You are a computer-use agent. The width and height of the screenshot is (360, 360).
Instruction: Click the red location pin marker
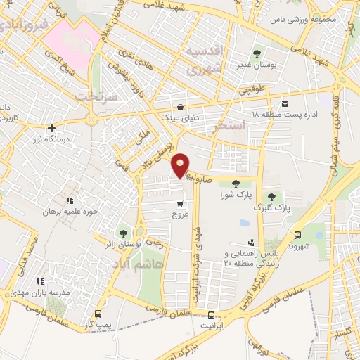coord(181,165)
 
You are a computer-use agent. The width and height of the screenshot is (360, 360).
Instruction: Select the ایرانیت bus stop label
coord(211,325)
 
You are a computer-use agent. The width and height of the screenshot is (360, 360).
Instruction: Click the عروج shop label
coord(181,214)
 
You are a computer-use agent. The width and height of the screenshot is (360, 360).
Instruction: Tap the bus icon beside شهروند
coord(297,236)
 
